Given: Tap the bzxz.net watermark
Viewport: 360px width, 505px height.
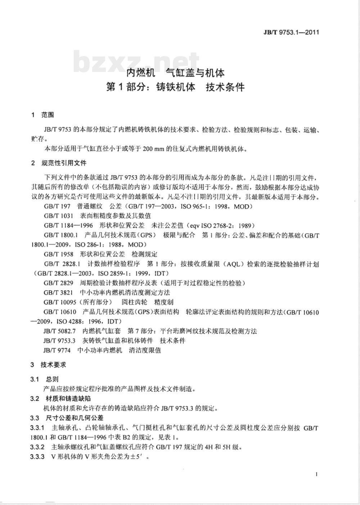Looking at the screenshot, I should (x=137, y=62).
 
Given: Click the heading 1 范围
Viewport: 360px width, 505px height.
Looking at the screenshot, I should (x=43, y=115).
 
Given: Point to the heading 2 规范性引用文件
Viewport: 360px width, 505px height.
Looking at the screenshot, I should (x=59, y=163).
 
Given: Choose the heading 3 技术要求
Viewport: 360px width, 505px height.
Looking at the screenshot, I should (x=48, y=365).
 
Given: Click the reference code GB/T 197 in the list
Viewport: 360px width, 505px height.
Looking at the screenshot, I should (x=57, y=206).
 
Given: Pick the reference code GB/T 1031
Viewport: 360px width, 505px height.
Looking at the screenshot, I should (x=58, y=216).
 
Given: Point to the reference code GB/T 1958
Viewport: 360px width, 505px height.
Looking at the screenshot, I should (x=58, y=254).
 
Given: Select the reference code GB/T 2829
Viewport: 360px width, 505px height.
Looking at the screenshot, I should (x=58, y=283).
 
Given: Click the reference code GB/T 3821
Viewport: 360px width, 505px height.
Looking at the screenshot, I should (x=58, y=292).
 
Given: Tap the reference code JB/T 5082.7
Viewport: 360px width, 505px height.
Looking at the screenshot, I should (x=59, y=331).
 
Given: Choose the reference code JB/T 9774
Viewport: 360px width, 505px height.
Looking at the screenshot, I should (x=57, y=350).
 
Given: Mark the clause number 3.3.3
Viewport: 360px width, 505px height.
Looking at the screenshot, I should (x=37, y=457).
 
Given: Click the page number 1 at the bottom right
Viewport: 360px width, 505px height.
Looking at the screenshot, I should (x=316, y=474).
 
